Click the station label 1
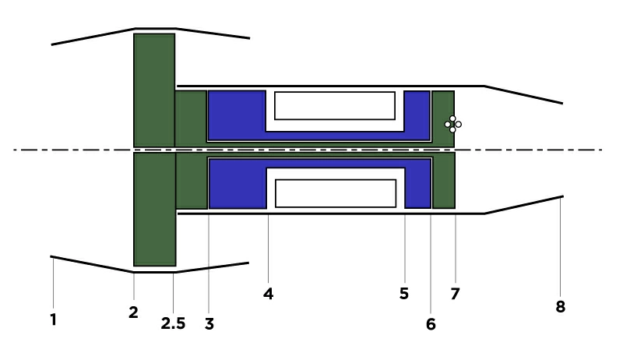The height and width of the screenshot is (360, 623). point(53,319)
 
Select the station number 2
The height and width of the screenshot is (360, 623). point(133,312)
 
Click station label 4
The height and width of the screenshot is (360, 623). point(268,294)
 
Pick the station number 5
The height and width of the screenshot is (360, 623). point(403,294)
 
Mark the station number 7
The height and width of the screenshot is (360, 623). point(456,294)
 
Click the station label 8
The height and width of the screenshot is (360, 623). point(560,307)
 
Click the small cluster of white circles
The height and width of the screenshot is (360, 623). point(452,124)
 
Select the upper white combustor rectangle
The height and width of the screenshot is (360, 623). point(334,105)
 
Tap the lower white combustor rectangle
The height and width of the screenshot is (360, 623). point(336,192)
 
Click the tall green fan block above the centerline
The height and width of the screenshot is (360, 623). point(154,90)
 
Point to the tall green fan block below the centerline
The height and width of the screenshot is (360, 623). point(154,209)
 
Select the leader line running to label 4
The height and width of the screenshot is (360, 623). point(268,249)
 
